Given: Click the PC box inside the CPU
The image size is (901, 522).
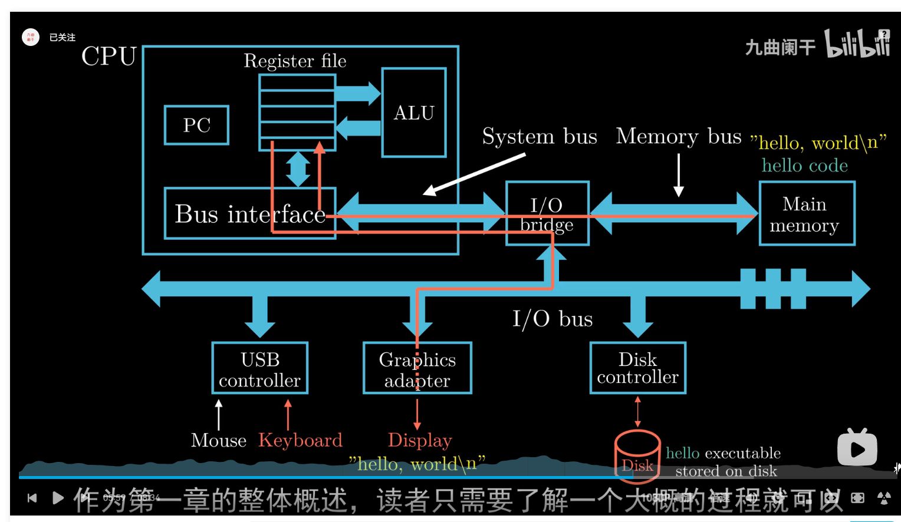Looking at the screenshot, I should [196, 125].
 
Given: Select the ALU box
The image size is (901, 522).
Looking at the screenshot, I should [414, 113].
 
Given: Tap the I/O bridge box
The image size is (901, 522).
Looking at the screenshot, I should [547, 213].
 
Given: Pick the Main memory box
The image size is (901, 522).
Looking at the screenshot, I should [806, 213].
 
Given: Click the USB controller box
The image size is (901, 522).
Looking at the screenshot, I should [259, 368].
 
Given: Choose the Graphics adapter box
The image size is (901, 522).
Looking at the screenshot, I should [417, 368].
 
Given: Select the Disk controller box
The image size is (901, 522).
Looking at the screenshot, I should [637, 368].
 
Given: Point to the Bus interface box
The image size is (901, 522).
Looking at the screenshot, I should [249, 213].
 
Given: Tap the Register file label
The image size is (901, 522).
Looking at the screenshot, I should [295, 61].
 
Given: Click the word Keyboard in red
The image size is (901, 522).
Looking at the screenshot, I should [300, 440].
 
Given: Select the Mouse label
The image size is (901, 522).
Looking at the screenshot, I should [218, 440].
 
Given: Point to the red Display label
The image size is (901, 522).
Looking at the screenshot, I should [420, 440].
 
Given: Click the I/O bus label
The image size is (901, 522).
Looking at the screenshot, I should [552, 319].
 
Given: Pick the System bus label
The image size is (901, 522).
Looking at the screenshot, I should [539, 136].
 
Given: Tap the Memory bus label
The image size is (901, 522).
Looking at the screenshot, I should [678, 136].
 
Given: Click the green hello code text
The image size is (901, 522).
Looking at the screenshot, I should [804, 166].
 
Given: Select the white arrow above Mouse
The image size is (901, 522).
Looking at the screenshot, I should [219, 414].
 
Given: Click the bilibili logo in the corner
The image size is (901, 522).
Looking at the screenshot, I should [857, 44].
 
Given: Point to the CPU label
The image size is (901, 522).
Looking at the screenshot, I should [109, 57].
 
